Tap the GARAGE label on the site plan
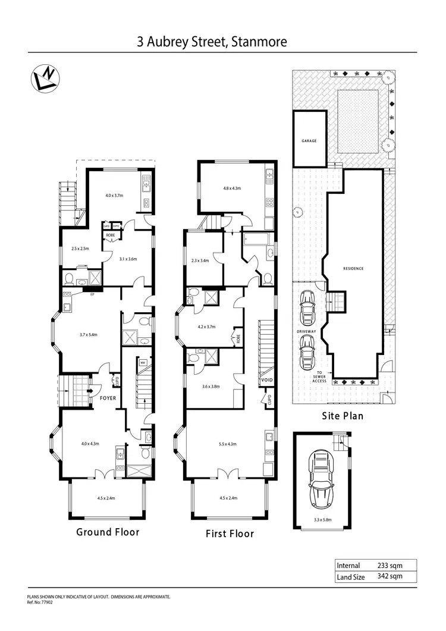[309, 141]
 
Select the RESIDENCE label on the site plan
[353, 268]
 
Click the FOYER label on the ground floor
[108, 398]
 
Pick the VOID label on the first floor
[266, 379]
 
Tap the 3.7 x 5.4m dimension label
[87, 335]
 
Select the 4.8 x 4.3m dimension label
[232, 189]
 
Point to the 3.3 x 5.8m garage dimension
[322, 518]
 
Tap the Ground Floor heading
[108, 532]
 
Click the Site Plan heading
[343, 416]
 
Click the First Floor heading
[230, 533]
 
